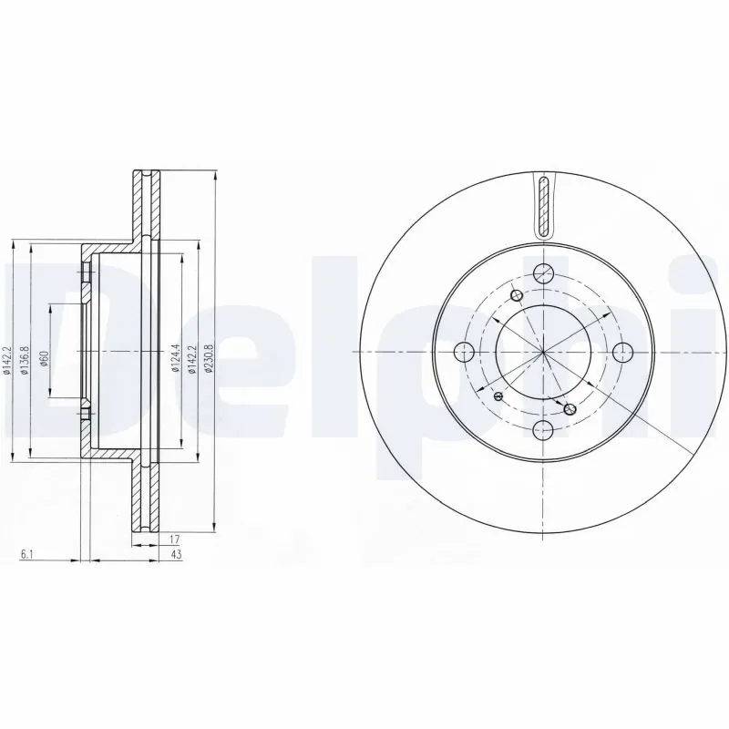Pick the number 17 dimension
(173, 539)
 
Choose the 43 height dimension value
(173, 554)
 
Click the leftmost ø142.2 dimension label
(7, 359)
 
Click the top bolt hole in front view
(543, 272)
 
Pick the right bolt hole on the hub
(623, 352)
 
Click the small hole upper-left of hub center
(518, 295)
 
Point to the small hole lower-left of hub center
(498, 397)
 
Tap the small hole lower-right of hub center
(570, 409)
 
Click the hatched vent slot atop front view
(544, 205)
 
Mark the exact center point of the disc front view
(543, 352)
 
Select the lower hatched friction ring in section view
(145, 497)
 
